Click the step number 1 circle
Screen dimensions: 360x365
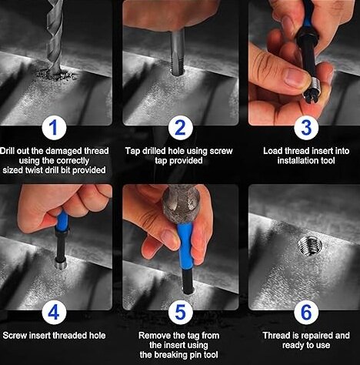coord(54,128)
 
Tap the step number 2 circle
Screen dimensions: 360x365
coord(180,128)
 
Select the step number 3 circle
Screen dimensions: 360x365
coord(306,128)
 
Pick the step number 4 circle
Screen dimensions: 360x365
coord(54,313)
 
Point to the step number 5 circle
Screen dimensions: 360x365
coord(180,313)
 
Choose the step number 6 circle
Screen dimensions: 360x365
coord(306,313)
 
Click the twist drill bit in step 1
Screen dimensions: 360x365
coord(55,36)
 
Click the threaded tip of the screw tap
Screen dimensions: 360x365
coord(178,65)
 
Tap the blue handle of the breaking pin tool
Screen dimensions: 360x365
coord(185,246)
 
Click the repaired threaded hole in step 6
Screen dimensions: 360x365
coord(310,246)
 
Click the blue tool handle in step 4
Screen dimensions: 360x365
coord(62,221)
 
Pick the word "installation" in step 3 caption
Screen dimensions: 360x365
coord(295,161)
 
